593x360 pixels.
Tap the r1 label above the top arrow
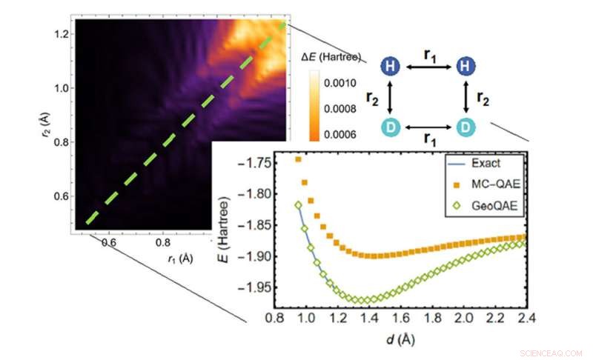(x=428, y=54)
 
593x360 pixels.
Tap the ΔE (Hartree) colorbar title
(x=333, y=57)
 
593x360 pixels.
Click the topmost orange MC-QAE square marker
(x=298, y=159)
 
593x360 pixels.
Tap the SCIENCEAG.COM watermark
(x=551, y=353)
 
